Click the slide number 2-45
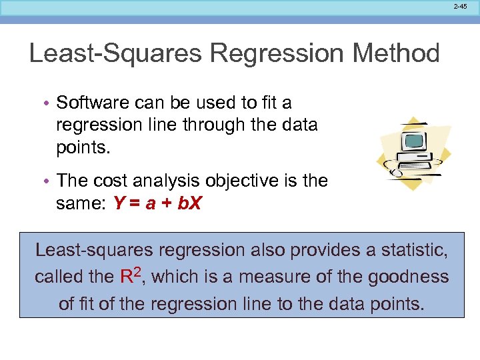coord(460,6)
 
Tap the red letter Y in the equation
coord(119,203)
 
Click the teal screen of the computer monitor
coord(413,141)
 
